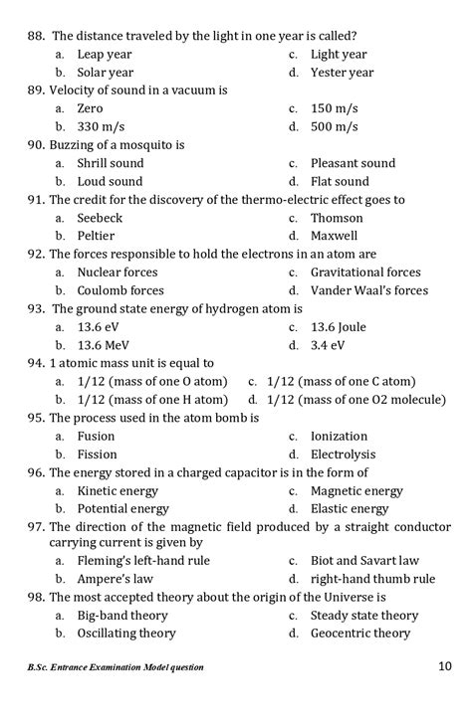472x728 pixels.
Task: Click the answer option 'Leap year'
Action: coord(105,54)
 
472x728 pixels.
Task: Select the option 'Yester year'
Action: coord(342,73)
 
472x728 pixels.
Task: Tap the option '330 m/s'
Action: coord(101,127)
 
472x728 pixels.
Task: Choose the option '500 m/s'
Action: coord(334,127)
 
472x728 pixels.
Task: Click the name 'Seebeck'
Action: coord(101,218)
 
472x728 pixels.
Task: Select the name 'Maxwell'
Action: coord(334,236)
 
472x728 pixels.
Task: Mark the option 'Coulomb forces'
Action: coord(120,290)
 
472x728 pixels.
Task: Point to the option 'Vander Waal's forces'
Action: coord(368,290)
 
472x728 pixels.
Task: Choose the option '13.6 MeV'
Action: coord(106,345)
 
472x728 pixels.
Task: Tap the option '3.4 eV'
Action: coord(328,345)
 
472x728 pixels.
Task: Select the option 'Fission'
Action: coord(97,455)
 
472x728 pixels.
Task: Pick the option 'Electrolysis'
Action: coord(344,455)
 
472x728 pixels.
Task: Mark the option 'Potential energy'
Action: coord(122,508)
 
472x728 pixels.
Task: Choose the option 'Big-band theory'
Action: coord(122,616)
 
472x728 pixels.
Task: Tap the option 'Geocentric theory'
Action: coord(359,634)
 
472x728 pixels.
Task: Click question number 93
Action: coord(37,308)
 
